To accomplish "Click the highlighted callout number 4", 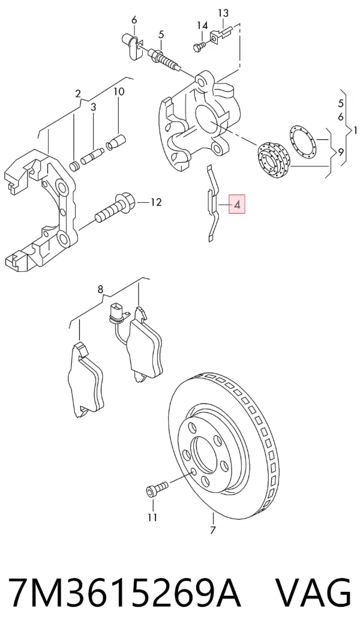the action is pos(237,203).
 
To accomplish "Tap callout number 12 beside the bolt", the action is pos(155,202).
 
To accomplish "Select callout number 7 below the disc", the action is pos(212,530).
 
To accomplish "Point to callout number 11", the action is pos(152,517).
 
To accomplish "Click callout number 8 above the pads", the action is pos(101,289).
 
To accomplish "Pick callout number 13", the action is pos(223,14).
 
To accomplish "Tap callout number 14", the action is pos(202,26).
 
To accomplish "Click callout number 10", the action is pos(119,91).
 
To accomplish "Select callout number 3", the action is pos(93,107).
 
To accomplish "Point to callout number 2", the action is pos(78,94).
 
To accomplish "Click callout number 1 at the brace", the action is pos(355,131).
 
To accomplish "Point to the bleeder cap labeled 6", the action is pos(132,46).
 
